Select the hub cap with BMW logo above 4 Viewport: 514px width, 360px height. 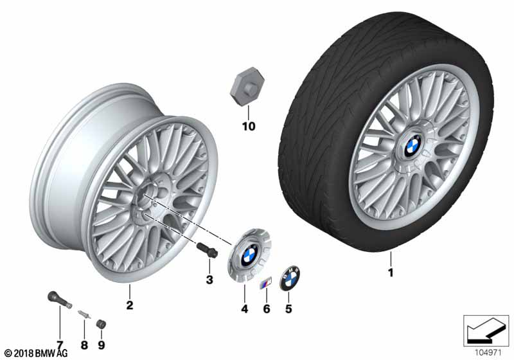pos(249,255)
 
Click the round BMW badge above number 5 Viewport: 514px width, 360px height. pos(290,278)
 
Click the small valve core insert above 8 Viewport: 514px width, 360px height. pos(84,314)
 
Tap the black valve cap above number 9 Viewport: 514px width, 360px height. pos(101,324)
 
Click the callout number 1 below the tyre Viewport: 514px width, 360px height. pos(391,273)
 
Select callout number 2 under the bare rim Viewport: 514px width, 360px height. pos(130,305)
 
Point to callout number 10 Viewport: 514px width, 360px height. pos(249,126)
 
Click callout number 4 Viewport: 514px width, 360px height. pos(245,309)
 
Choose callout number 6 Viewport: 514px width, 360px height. pos(267,309)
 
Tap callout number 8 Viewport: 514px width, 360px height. pos(84,345)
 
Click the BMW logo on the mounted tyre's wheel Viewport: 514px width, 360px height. pos(412,145)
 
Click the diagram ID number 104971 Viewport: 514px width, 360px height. pos(488,353)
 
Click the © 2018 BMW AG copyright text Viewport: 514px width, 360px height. pos(36,354)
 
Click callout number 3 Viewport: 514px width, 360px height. pos(209,280)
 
